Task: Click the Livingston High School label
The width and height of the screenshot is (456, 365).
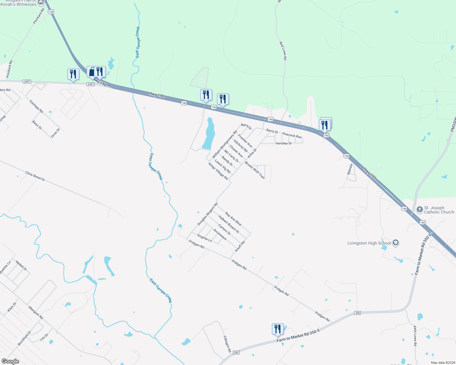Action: [369, 243]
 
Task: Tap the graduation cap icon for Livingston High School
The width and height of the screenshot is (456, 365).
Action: [396, 243]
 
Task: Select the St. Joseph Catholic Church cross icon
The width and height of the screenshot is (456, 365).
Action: [420, 209]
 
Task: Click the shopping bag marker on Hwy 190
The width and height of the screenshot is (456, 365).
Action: [91, 72]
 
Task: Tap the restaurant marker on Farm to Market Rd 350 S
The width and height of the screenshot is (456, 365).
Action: [277, 329]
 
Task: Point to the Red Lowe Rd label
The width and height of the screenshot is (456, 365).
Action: [283, 51]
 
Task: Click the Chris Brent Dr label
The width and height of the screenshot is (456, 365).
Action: [35, 176]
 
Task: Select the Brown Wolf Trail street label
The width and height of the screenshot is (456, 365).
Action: [255, 170]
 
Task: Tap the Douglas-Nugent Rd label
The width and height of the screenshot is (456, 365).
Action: [207, 214]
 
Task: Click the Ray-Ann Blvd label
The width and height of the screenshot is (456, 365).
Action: [233, 219]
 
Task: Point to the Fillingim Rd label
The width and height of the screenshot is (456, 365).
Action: [227, 344]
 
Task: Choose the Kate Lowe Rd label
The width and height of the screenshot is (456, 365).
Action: [415, 336]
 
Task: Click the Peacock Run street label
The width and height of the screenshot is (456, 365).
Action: [292, 135]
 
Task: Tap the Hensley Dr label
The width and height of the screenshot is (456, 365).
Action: [283, 143]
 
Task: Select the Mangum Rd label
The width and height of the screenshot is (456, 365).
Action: [36, 313]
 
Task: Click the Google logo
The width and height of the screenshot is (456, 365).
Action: [10, 361]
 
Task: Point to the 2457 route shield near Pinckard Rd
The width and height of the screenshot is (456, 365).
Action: [27, 82]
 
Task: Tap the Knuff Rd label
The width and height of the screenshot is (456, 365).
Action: [240, 246]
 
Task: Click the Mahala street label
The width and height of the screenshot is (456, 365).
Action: [350, 169]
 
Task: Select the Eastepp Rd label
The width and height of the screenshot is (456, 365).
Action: [36, 107]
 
